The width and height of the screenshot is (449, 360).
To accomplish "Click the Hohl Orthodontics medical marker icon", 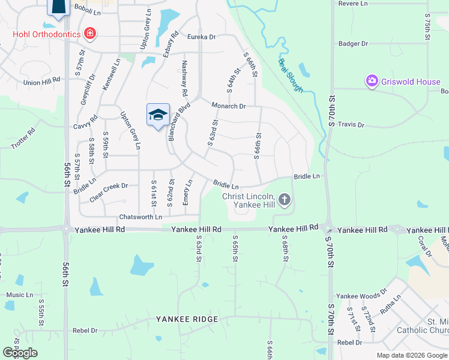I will pyautogui.click(x=90, y=34).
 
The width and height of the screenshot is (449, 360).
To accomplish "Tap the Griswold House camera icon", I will pyautogui.click(x=372, y=80).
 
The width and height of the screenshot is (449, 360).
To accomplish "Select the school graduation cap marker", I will pyautogui.click(x=158, y=115).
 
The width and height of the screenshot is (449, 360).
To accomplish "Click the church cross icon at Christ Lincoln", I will pyautogui.click(x=284, y=199).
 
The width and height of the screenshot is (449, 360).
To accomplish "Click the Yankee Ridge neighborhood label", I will pyautogui.click(x=187, y=319).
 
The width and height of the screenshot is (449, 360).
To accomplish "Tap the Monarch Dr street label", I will pyautogui.click(x=229, y=106).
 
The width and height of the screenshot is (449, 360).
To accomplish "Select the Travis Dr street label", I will pyautogui.click(x=351, y=125).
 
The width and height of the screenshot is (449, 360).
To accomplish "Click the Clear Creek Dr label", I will pyautogui.click(x=109, y=187).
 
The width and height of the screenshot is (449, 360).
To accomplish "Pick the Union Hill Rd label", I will pyautogui.click(x=42, y=81).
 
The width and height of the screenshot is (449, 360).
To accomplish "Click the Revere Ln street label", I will pyautogui.click(x=353, y=4).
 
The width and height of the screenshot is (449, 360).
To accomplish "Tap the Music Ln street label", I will pyautogui.click(x=20, y=295).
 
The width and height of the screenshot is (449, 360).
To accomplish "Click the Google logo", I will pyautogui.click(x=20, y=353).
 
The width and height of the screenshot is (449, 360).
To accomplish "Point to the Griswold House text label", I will pyautogui.click(x=411, y=82).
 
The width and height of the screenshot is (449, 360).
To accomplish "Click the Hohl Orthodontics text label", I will pyautogui.click(x=47, y=34).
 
